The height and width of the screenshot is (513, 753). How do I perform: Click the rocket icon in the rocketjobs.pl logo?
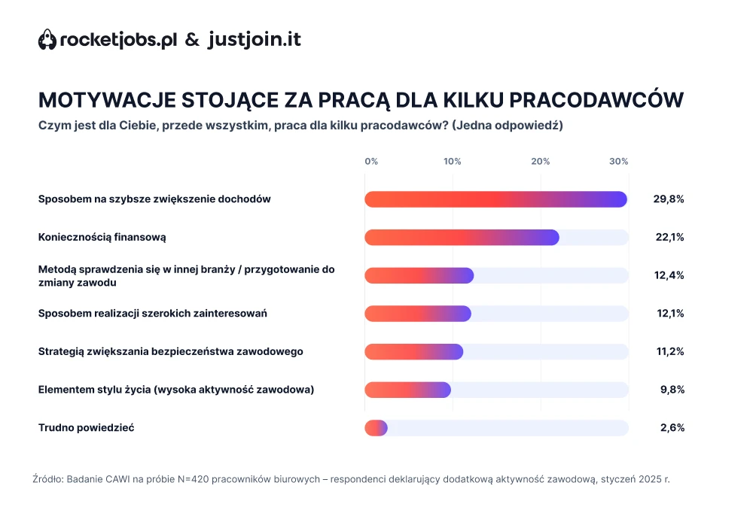(x=47, y=40)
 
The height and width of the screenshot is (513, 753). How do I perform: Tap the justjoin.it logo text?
(x=254, y=40)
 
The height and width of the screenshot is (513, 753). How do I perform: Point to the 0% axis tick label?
(x=371, y=162)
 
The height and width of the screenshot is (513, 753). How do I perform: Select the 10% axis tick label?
(x=453, y=162)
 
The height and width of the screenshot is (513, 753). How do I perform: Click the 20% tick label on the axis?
(x=540, y=162)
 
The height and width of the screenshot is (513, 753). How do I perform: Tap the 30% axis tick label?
(x=619, y=162)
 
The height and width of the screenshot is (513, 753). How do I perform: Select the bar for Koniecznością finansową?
(x=462, y=237)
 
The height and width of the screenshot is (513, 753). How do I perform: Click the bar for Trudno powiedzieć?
(x=376, y=428)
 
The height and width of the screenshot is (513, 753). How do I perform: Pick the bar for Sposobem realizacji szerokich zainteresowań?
(x=418, y=314)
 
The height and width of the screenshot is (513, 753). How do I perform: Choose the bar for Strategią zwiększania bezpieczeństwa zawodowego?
(x=413, y=351)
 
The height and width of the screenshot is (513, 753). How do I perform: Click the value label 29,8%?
(x=669, y=199)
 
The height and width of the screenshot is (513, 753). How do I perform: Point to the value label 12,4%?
(x=669, y=275)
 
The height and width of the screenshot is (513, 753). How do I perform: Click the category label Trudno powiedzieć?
(x=87, y=428)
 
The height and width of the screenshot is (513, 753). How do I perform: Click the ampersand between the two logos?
(x=193, y=41)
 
